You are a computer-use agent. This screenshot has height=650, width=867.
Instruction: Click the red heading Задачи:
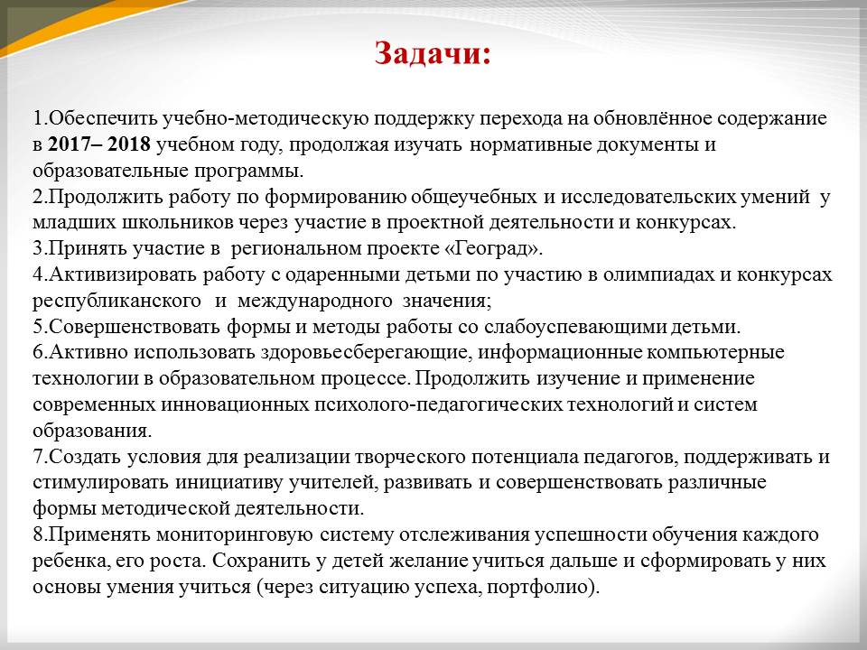click(x=433, y=54)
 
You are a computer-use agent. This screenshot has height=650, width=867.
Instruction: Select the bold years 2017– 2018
click(x=99, y=144)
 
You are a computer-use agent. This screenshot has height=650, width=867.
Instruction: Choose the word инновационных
click(x=235, y=404)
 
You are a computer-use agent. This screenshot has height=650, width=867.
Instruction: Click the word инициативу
click(x=230, y=482)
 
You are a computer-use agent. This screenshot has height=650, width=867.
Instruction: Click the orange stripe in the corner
click(x=83, y=25)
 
